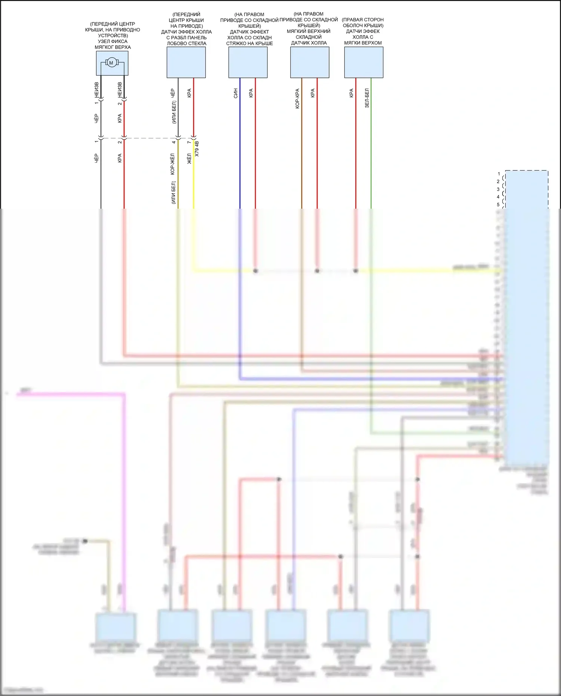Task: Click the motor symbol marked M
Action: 111,63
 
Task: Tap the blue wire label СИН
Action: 236,93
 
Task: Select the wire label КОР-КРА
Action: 297,98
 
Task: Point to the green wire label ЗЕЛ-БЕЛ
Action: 367,98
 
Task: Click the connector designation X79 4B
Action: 197,148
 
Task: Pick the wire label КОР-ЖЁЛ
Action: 172,164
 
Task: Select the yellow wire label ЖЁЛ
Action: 189,159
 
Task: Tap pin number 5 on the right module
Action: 498,205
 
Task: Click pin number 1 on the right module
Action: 499,174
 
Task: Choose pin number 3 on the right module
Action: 498,189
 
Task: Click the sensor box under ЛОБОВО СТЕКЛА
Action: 186,62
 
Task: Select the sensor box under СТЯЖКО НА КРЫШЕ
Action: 248,62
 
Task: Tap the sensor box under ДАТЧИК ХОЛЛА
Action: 310,62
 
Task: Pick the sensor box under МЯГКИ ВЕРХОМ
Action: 364,62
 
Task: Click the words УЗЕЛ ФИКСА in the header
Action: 113,42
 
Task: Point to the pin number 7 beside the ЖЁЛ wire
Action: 189,142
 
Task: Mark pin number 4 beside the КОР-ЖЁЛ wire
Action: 174,142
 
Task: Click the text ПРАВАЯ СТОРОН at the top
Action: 363,20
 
